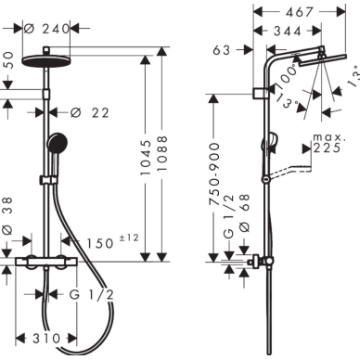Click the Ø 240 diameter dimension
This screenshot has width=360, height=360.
47,29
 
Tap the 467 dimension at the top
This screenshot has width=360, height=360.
300,12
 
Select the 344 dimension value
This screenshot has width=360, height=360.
288,32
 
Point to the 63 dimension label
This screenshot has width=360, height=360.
222,50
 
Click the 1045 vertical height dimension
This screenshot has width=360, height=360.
146,158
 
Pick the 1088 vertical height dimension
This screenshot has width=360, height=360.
162,153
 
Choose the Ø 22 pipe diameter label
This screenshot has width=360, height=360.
90,113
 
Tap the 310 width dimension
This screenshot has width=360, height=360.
46,339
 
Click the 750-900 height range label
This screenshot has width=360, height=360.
214,174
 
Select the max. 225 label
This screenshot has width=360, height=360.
328,144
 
